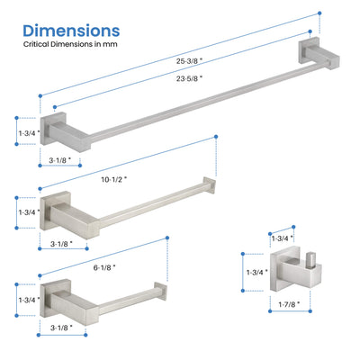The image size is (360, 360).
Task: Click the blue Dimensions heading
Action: [x=71, y=31]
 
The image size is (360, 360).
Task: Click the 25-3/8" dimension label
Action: [x=189, y=61]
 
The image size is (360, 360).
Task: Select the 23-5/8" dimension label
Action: [x=189, y=78]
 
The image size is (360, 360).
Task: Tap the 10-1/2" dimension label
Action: [x=113, y=180]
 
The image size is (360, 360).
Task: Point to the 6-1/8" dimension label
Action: [x=104, y=267]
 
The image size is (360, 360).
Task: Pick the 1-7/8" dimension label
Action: [x=289, y=304]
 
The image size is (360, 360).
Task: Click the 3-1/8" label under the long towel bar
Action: [x=60, y=160]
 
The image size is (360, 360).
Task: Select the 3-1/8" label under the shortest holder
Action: [x=61, y=328]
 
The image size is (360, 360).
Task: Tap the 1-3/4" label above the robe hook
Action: [x=282, y=238]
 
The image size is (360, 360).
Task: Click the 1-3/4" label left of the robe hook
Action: [x=257, y=273]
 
